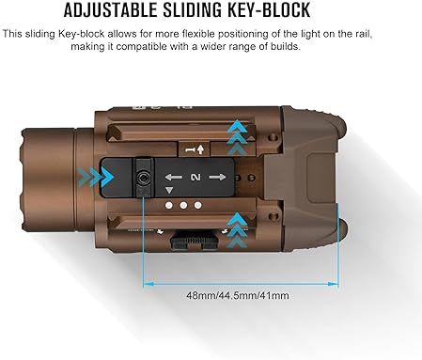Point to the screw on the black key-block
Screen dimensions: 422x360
tap(144, 174)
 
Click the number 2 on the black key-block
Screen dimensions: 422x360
tap(195, 177)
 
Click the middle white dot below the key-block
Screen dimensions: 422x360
tap(184, 205)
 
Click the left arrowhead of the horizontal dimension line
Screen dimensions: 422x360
tap(148, 281)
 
